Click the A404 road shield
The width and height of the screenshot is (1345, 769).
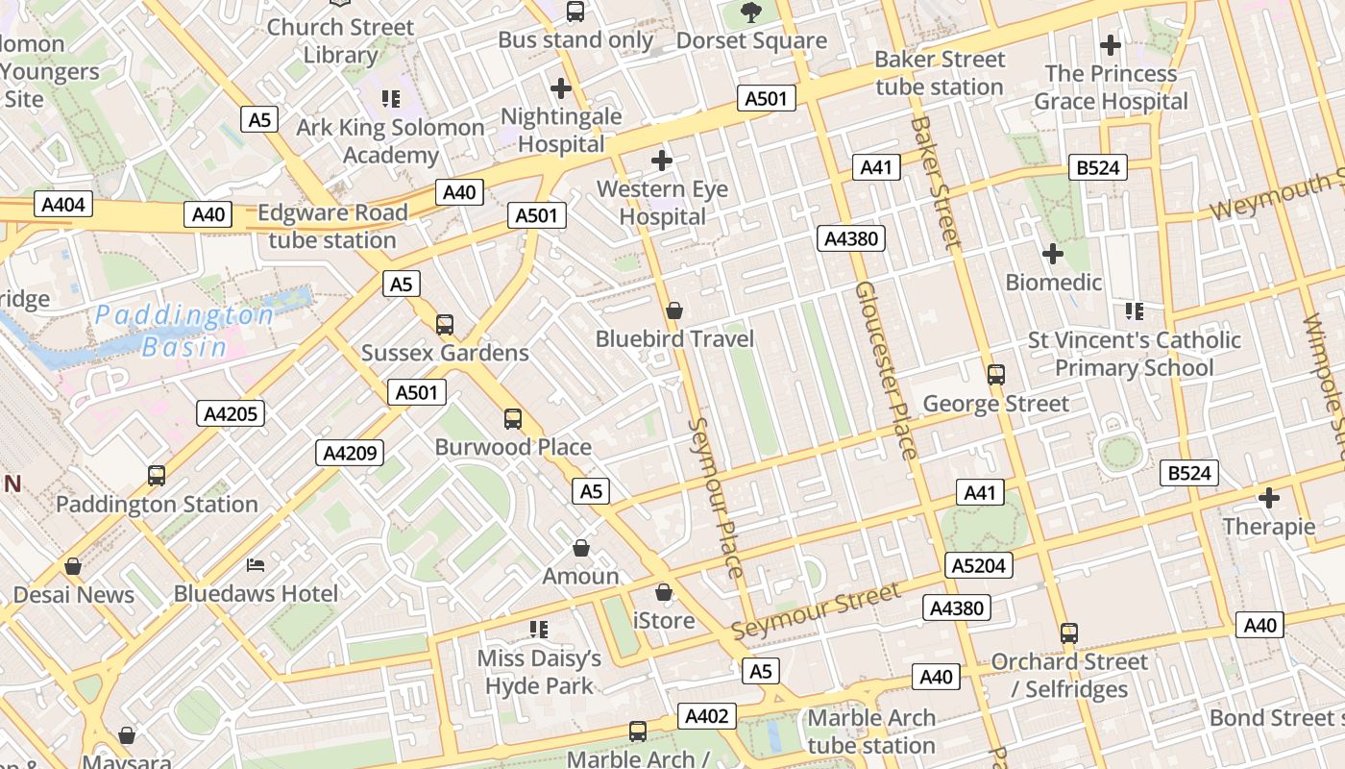[x=64, y=204]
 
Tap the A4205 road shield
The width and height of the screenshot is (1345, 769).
[x=231, y=413]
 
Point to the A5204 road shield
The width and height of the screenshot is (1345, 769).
[x=979, y=565]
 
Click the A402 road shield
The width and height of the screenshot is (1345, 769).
[x=708, y=715]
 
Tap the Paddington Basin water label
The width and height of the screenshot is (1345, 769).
[x=184, y=331]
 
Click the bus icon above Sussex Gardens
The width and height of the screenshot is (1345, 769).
[x=444, y=324]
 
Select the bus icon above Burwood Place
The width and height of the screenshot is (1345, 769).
[x=513, y=418]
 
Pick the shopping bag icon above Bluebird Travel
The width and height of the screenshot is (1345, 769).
[x=674, y=310]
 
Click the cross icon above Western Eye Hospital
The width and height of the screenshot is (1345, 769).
[x=661, y=161]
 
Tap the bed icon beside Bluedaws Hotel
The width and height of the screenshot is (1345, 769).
[x=255, y=564]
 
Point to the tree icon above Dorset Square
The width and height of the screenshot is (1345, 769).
[x=751, y=12]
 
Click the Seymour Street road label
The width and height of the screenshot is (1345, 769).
[x=816, y=611]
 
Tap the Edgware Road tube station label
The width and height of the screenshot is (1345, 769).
[x=332, y=226]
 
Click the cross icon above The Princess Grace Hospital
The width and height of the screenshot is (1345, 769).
[x=1110, y=44]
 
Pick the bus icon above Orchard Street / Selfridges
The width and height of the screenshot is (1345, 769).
[x=1068, y=633]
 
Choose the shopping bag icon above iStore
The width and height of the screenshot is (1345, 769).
[x=664, y=592]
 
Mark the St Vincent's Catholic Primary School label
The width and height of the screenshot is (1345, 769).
[x=1134, y=354]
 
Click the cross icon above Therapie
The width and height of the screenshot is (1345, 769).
[x=1268, y=498]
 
